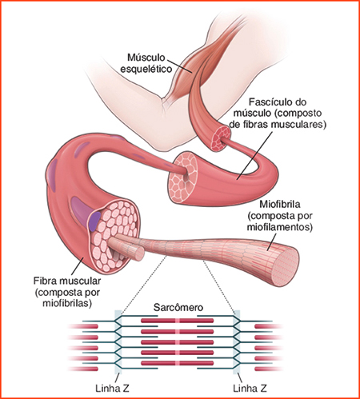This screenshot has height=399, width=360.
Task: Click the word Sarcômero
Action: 178,307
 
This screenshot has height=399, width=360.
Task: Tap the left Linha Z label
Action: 112,388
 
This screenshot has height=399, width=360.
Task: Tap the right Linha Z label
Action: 250,388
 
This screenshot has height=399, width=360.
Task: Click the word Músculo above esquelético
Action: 146,58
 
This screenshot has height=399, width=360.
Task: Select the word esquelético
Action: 146,69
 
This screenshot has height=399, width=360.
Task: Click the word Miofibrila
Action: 280,204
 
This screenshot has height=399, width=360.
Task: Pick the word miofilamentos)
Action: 280,227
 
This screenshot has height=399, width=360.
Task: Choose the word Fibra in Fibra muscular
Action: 44,281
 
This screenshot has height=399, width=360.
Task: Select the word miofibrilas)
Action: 67,303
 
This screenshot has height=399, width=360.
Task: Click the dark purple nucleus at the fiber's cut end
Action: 94,221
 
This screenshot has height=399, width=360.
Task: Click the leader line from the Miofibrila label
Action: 272,242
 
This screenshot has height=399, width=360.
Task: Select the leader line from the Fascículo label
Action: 254,155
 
